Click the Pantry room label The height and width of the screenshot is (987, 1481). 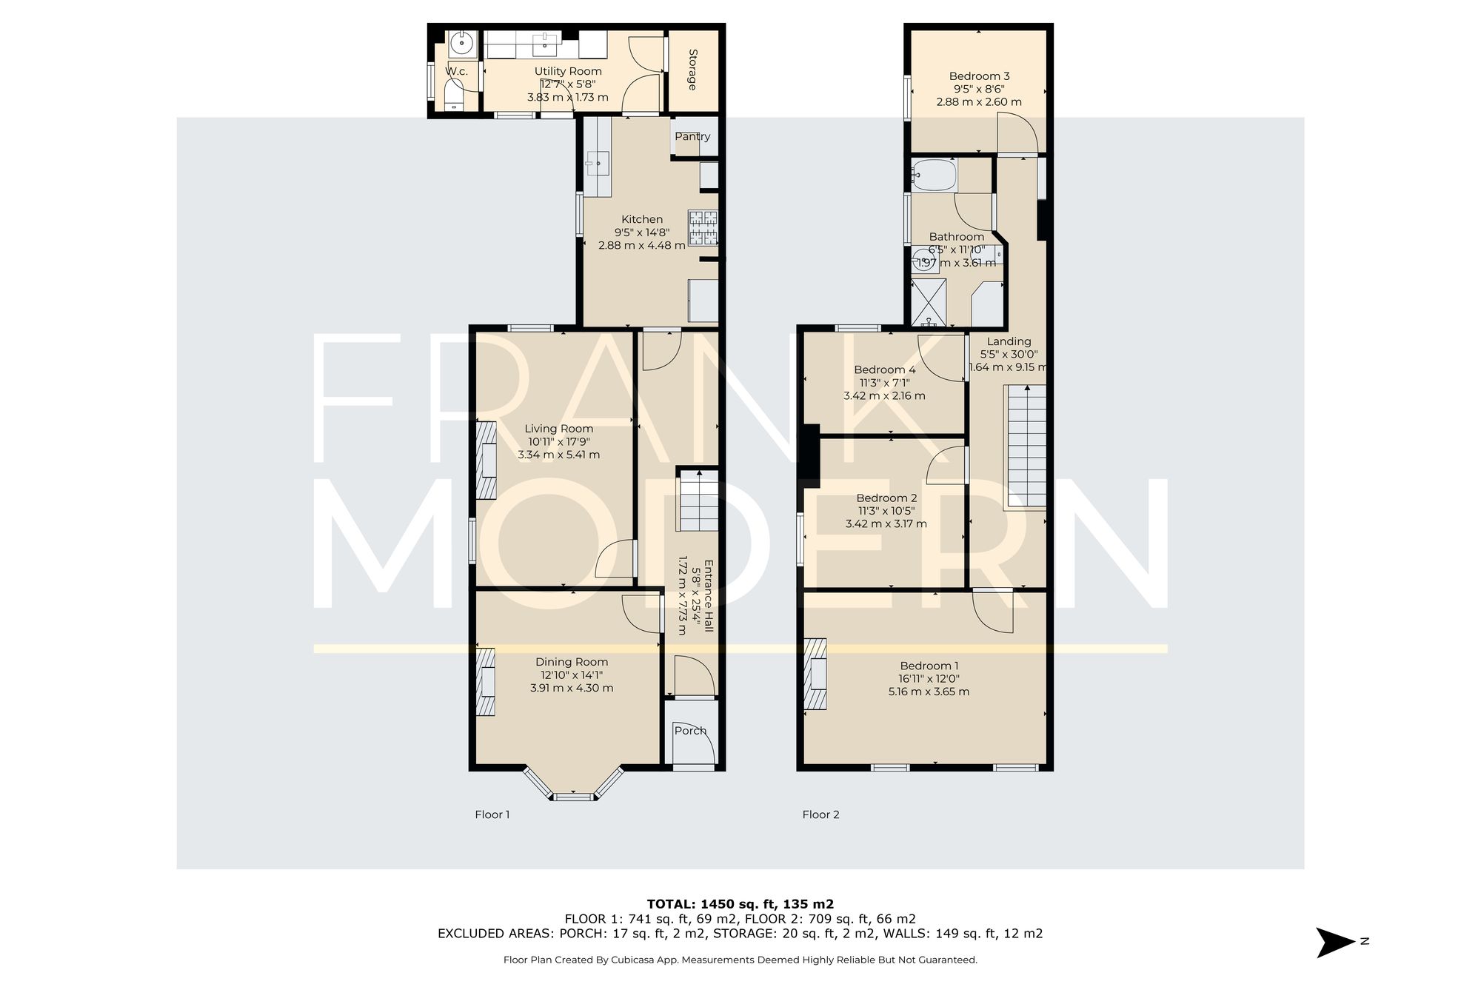(692, 136)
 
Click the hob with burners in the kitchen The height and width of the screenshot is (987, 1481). (703, 228)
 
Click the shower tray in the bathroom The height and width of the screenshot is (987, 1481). (929, 302)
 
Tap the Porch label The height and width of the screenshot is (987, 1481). (690, 731)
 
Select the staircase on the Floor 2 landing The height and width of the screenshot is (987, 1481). (1026, 446)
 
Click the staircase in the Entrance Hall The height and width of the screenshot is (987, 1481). (698, 501)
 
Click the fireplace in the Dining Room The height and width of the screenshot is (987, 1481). (486, 682)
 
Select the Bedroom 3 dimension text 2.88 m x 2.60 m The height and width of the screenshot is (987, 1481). (979, 102)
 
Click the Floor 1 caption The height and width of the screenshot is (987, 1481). (492, 814)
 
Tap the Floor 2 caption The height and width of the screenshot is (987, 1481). (820, 814)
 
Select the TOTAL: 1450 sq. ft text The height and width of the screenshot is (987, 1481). (740, 904)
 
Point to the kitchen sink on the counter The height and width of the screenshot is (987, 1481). (598, 162)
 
